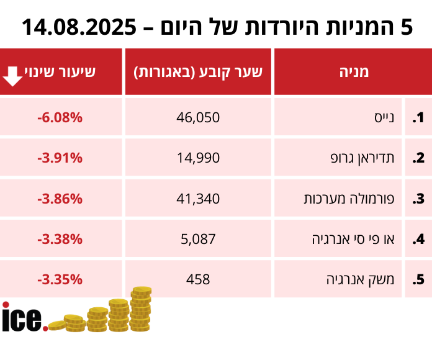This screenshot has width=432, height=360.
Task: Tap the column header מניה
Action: click(353, 71)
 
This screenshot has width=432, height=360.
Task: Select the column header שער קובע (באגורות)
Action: click(199, 71)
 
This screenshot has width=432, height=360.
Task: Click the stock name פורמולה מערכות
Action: click(354, 199)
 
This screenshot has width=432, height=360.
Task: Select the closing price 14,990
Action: click(199, 158)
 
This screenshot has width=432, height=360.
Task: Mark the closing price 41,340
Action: click(199, 199)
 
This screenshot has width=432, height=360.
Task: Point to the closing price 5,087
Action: click(199, 239)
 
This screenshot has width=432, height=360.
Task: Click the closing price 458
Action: click(199, 279)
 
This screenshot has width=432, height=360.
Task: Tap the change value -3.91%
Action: click(60, 158)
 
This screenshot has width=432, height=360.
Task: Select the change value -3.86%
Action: click(60, 199)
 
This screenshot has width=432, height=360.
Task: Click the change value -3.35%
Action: click(60, 279)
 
